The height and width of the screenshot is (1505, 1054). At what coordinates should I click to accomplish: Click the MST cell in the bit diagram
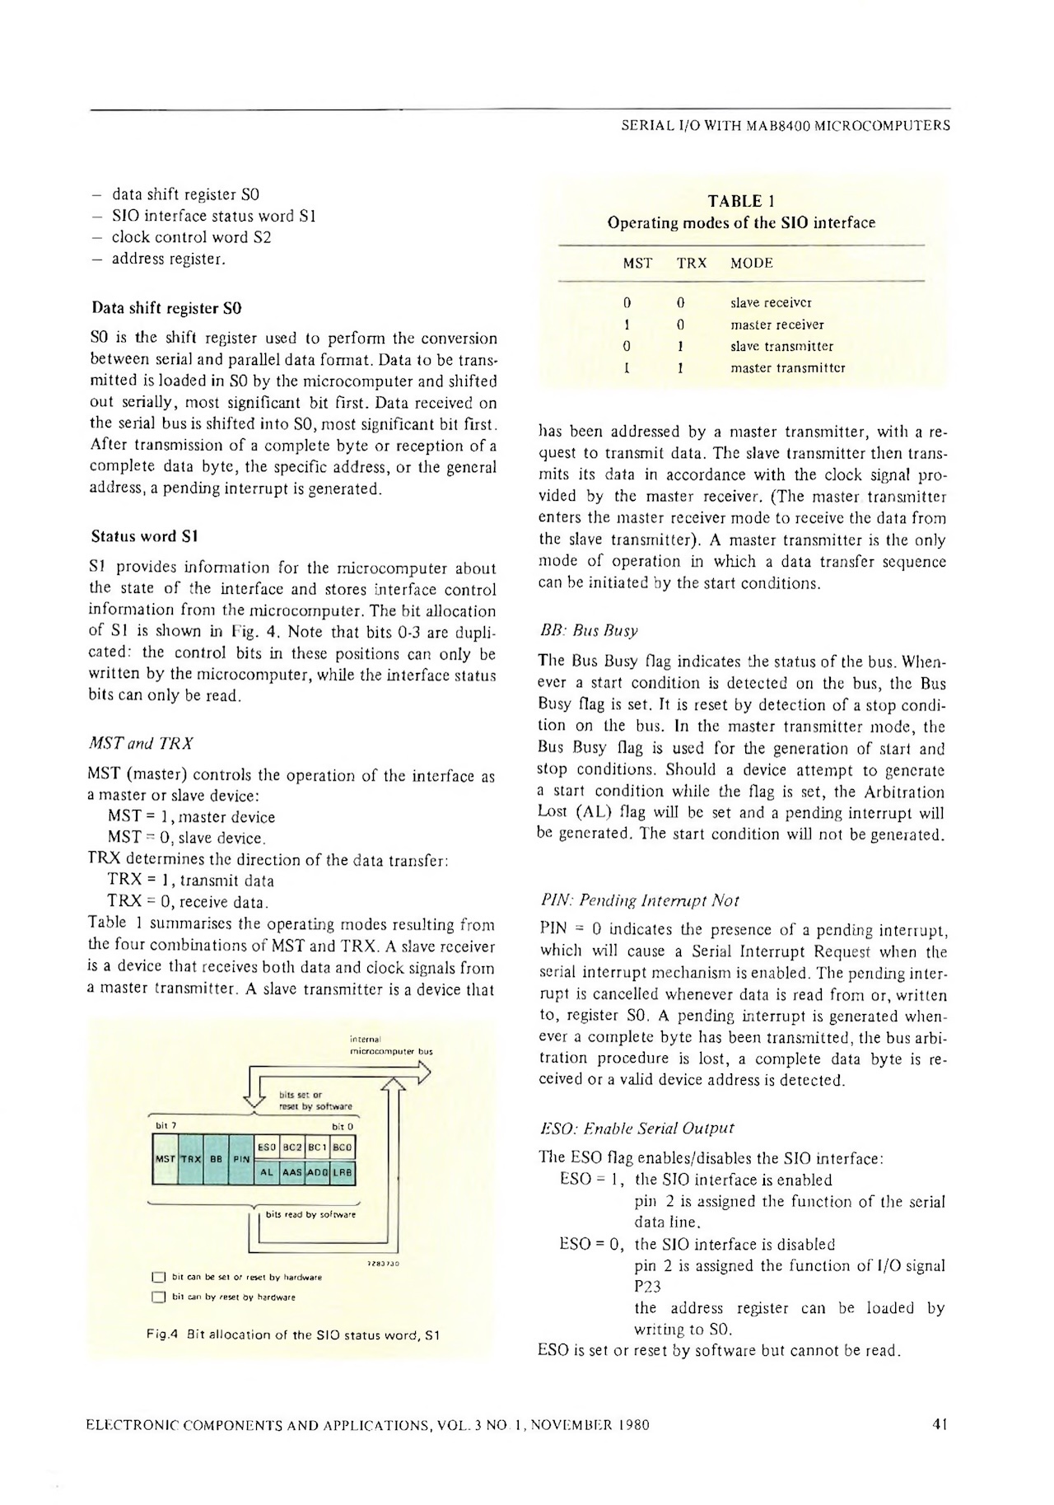pyautogui.click(x=165, y=1158)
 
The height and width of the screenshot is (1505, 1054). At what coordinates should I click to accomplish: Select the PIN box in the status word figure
pyautogui.click(x=240, y=1158)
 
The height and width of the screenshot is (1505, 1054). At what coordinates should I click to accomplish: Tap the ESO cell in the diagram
pyautogui.click(x=267, y=1146)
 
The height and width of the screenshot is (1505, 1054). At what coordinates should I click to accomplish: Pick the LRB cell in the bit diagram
pyautogui.click(x=343, y=1171)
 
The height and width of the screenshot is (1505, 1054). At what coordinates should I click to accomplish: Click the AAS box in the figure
pyautogui.click(x=292, y=1171)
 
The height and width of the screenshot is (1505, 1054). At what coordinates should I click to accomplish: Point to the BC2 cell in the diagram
pyautogui.click(x=292, y=1146)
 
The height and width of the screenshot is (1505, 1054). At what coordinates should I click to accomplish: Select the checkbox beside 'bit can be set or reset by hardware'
pyautogui.click(x=160, y=1278)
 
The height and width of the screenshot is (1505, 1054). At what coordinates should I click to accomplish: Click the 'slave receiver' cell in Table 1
pyautogui.click(x=765, y=302)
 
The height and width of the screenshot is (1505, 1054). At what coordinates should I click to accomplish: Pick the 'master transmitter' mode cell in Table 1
pyautogui.click(x=787, y=367)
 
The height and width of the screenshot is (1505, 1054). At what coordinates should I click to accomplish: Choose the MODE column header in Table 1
pyautogui.click(x=751, y=264)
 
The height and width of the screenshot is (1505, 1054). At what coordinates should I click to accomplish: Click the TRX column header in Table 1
pyautogui.click(x=692, y=264)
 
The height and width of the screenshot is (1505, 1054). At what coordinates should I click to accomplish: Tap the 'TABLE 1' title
pyautogui.click(x=740, y=201)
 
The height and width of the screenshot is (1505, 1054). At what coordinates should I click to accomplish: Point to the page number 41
pyautogui.click(x=941, y=1423)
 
